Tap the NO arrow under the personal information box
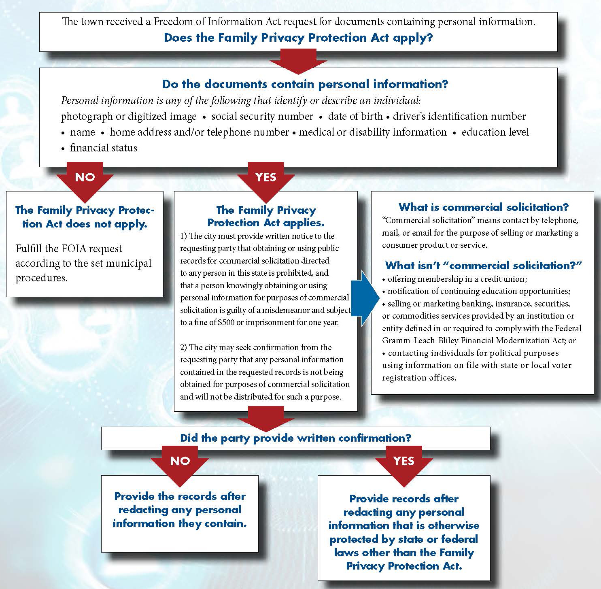85,180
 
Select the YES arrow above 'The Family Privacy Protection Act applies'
266,180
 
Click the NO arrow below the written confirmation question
180,464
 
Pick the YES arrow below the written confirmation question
404,464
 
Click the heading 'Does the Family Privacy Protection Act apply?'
298,38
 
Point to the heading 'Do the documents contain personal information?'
305,84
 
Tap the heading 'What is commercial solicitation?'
484,207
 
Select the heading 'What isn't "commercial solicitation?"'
484,266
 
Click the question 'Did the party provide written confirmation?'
295,438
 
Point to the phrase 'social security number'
262,117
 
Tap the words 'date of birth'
355,117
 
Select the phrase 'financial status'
104,148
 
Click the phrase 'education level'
495,132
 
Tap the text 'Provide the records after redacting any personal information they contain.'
180,510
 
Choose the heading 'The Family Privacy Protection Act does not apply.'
85,217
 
